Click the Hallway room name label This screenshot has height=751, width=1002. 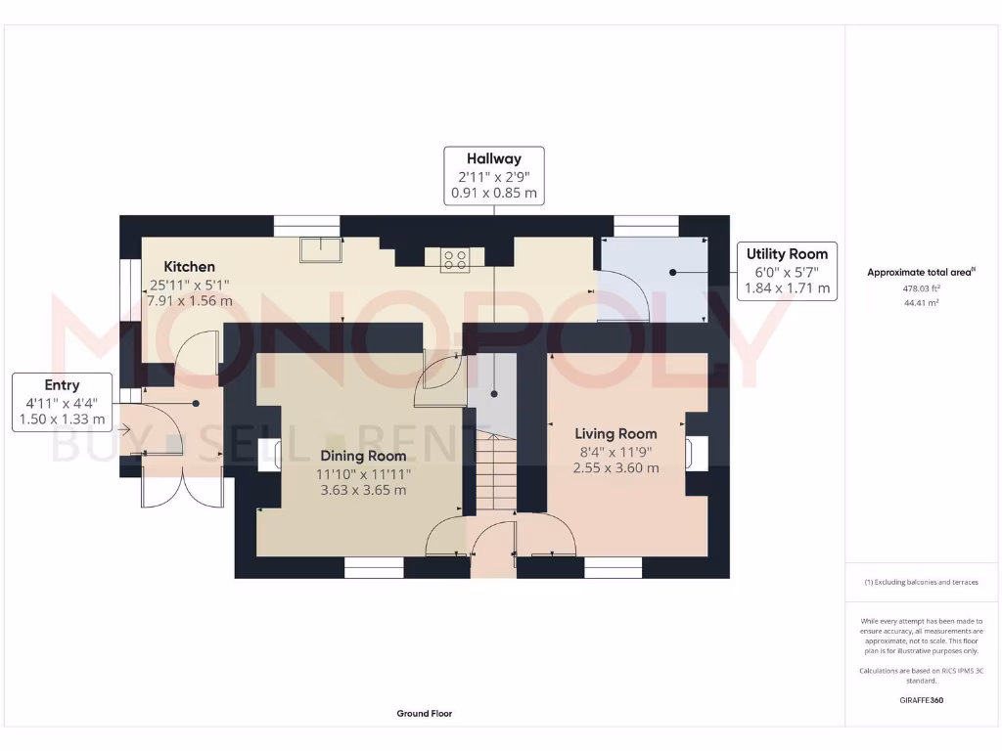(x=493, y=158)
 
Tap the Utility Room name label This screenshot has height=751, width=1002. (x=787, y=253)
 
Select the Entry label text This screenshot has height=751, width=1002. (x=62, y=385)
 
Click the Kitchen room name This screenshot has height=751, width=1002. (x=189, y=267)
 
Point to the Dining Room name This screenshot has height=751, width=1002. (x=363, y=456)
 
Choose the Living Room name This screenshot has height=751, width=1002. (x=615, y=434)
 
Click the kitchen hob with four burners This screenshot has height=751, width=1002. (x=455, y=260)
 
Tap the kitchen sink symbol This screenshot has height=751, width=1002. (x=321, y=249)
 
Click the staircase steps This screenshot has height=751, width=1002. (x=496, y=473)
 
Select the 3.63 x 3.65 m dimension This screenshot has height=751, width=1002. (x=363, y=491)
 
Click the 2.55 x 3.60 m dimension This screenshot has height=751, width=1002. (x=615, y=468)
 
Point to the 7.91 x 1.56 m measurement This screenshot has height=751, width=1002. (x=190, y=301)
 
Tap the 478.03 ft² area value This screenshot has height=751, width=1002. (x=921, y=288)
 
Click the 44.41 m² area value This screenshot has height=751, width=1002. (x=921, y=303)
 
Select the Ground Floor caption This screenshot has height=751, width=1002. (x=425, y=713)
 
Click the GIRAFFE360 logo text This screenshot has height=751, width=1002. (x=921, y=700)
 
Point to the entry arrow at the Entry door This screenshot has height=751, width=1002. (x=124, y=430)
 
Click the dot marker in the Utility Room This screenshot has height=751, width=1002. (x=673, y=273)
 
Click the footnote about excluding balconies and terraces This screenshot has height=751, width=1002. (x=921, y=582)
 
